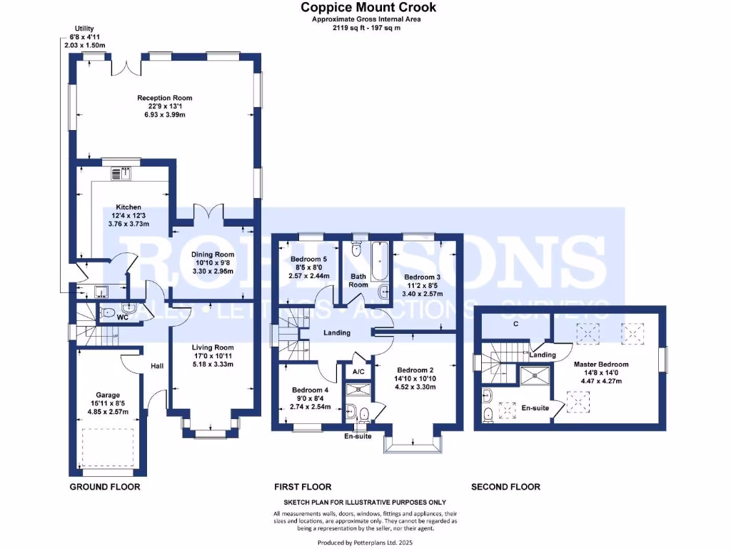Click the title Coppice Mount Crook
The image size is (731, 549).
pyautogui.click(x=368, y=7)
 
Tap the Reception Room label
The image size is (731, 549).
pyautogui.click(x=165, y=98)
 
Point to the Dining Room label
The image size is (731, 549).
pyautogui.click(x=213, y=254)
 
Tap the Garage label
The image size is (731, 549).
pyautogui.click(x=108, y=395)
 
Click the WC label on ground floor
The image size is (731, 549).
pyautogui.click(x=123, y=316)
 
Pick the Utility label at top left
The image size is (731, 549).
pyautogui.click(x=74, y=29)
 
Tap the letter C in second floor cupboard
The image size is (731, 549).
pyautogui.click(x=515, y=323)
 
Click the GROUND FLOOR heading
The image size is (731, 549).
pyautogui.click(x=104, y=487)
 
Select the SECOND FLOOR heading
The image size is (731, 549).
pyautogui.click(x=505, y=487)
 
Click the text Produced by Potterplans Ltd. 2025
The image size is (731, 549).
pyautogui.click(x=365, y=543)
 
